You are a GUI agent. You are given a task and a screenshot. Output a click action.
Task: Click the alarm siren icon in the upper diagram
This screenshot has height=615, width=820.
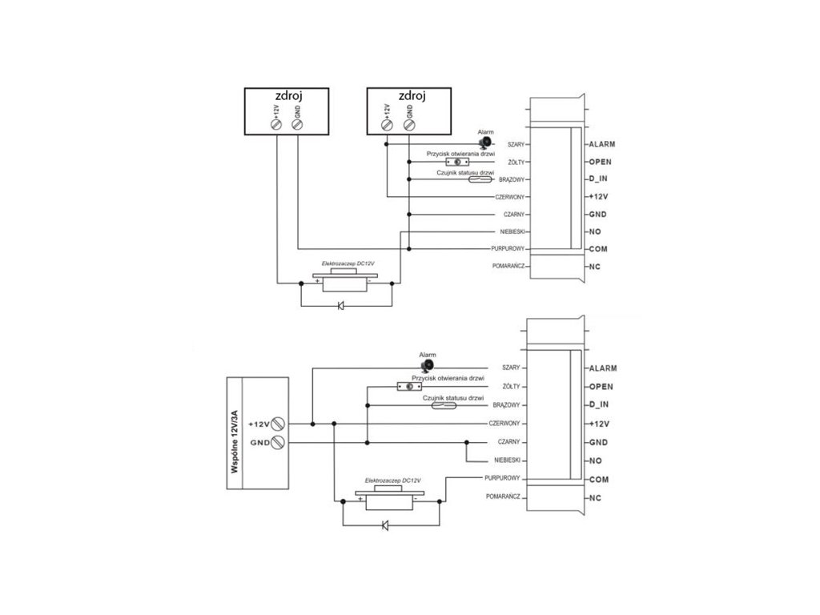coord(485,143)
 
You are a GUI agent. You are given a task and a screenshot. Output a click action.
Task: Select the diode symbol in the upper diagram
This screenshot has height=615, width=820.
coord(340,305)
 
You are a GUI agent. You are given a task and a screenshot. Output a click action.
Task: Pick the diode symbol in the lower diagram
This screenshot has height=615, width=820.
coord(385,525)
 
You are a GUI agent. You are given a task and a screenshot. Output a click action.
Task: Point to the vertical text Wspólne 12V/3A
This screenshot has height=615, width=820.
coord(234,442)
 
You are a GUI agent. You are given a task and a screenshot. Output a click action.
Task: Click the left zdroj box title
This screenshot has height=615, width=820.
coord(287,96)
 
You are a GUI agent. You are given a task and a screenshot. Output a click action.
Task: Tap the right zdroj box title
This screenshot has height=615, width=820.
coord(411,96)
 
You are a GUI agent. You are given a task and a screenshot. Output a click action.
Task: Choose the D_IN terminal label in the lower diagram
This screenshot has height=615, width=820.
coord(599,405)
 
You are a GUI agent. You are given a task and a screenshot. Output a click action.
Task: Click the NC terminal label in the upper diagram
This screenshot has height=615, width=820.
coord(594,266)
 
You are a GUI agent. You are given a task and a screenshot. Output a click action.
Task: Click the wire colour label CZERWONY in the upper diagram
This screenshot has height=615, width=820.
coord(509,197)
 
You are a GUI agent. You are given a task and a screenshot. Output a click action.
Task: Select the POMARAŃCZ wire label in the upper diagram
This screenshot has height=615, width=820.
coord(508,265)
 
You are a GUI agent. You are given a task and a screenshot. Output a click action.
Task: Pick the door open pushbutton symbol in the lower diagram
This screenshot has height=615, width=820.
coord(409,387)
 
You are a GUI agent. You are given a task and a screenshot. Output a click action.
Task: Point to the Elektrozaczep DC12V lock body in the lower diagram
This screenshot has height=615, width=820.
coord(388,500)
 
